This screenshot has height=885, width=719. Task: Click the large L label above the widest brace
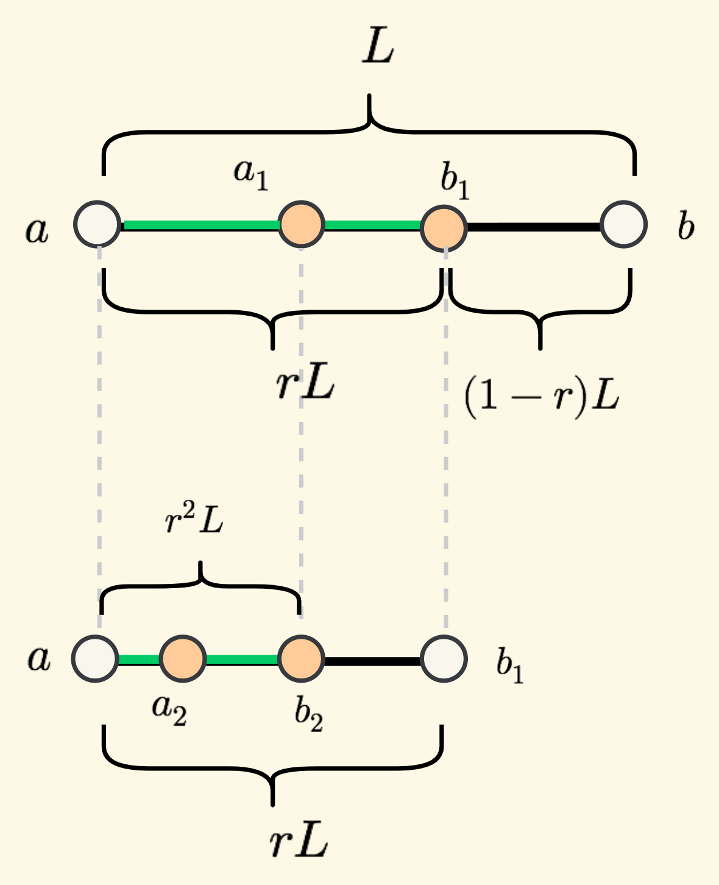point(378,48)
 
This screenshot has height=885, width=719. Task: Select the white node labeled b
point(623,225)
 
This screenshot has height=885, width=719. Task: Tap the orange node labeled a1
point(301,225)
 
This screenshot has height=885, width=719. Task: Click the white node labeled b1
point(444,659)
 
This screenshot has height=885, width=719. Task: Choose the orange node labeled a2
point(182,659)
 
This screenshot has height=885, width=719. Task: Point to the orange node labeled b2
point(301,659)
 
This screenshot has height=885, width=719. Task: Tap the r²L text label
point(194,521)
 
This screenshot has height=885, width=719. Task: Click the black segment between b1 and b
point(534,227)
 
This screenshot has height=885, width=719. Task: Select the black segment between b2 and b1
point(372,660)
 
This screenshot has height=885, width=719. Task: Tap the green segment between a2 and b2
point(242,659)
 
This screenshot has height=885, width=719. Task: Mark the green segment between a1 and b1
point(372,226)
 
